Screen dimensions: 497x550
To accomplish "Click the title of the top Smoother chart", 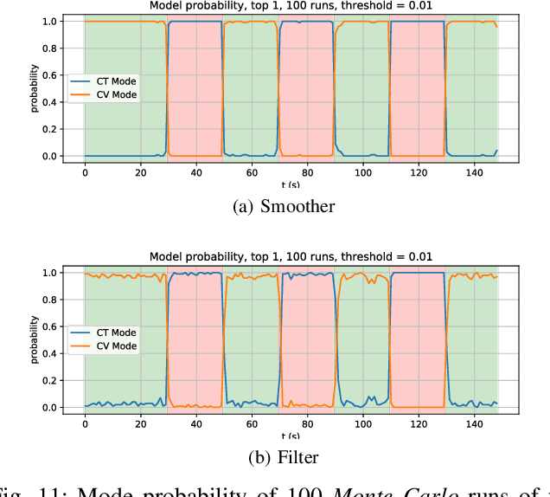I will click(291, 6).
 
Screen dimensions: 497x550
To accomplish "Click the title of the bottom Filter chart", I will click(291, 257).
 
